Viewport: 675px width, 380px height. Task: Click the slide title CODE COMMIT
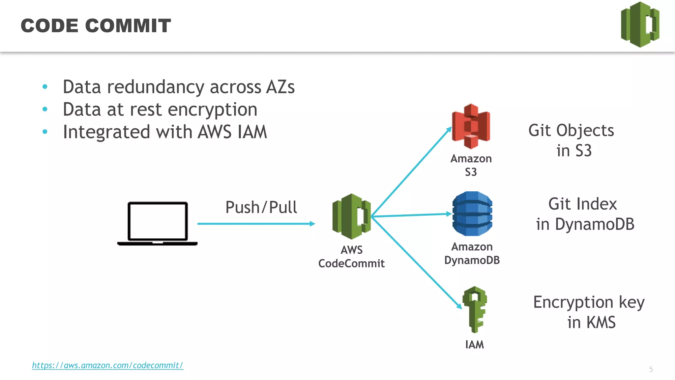pyautogui.click(x=96, y=26)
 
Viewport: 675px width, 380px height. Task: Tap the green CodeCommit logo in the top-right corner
pyautogui.click(x=640, y=25)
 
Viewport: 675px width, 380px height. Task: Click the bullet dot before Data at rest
pyautogui.click(x=45, y=109)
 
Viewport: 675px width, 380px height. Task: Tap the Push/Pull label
pyautogui.click(x=261, y=207)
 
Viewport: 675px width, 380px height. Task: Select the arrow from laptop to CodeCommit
pyautogui.click(x=256, y=224)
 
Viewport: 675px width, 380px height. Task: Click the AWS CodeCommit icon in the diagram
pyautogui.click(x=352, y=216)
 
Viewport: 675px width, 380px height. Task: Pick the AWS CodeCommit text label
pyautogui.click(x=351, y=257)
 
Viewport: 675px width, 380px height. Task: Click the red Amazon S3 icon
pyautogui.click(x=471, y=126)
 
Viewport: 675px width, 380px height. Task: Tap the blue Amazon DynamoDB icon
pyautogui.click(x=472, y=213)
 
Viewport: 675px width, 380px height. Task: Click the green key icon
pyautogui.click(x=475, y=309)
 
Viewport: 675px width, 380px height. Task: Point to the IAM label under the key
pyautogui.click(x=475, y=345)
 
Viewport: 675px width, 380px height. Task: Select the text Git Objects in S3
pyautogui.click(x=572, y=141)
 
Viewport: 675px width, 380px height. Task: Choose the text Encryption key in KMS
pyautogui.click(x=589, y=312)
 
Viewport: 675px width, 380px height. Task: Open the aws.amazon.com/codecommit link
pyautogui.click(x=107, y=365)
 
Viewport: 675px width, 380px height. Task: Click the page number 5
pyautogui.click(x=651, y=369)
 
